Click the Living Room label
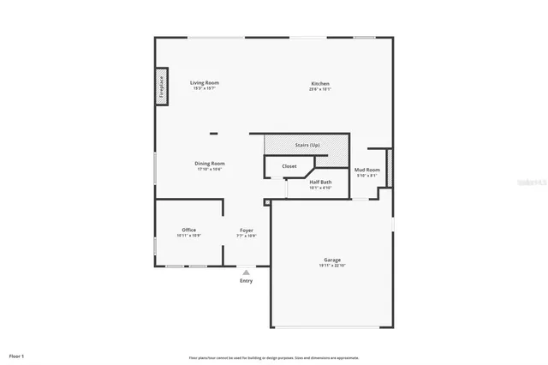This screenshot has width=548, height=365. pyautogui.click(x=204, y=83)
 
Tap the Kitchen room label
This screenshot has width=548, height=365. pyautogui.click(x=320, y=84)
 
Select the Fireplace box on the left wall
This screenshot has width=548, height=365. pyautogui.click(x=161, y=87)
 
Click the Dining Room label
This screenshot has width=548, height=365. pyautogui.click(x=210, y=163)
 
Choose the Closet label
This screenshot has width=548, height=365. pyautogui.click(x=289, y=165)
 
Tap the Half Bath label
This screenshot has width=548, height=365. pyautogui.click(x=320, y=182)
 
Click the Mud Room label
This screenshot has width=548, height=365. pyautogui.click(x=366, y=171)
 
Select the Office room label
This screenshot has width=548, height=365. pyautogui.click(x=189, y=230)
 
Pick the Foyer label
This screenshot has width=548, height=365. pyautogui.click(x=246, y=230)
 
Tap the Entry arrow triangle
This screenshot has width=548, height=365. pyautogui.click(x=247, y=272)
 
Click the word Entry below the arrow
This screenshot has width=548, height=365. pyautogui.click(x=247, y=281)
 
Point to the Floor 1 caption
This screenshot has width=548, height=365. pyautogui.click(x=17, y=356)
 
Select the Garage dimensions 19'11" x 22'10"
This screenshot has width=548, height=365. pyautogui.click(x=331, y=266)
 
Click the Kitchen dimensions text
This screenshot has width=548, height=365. pyautogui.click(x=320, y=89)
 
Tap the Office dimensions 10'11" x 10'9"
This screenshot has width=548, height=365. pyautogui.click(x=189, y=235)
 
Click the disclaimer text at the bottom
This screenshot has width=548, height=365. pyautogui.click(x=273, y=357)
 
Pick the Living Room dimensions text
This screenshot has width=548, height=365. pyautogui.click(x=204, y=88)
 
